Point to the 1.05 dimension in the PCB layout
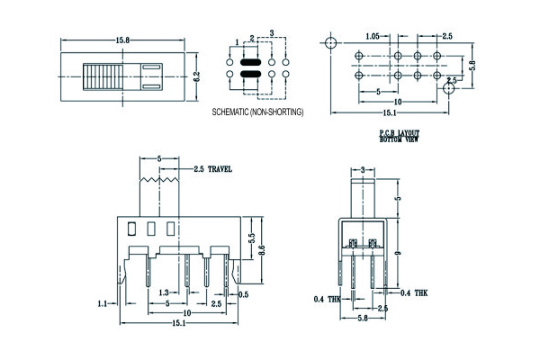point(373,36)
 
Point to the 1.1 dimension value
point(102,304)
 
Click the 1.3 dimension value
point(164,293)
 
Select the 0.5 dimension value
point(243,294)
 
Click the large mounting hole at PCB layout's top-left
point(332,43)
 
